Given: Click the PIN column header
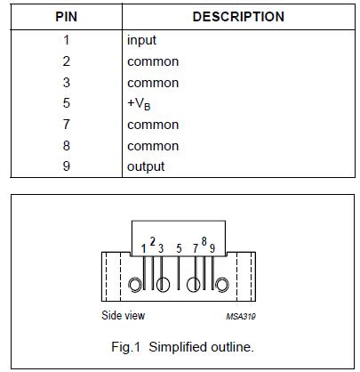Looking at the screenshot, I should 66,17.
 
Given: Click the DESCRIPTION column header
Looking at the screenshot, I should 238,17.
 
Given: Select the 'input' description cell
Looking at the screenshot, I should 142,40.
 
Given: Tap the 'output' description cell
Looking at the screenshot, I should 146,166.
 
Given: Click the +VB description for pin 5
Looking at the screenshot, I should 140,103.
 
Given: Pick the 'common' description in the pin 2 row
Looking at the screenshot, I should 153,61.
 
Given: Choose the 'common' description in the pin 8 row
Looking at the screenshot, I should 153,145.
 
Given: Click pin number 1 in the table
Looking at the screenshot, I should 66,40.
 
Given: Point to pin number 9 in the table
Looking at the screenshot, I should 66,166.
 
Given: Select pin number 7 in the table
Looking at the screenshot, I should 66,125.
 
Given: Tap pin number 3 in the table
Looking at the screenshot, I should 66,83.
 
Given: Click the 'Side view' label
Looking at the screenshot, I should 123,315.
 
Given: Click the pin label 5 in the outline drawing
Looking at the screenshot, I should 179,248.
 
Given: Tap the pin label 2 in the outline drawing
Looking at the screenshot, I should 152,242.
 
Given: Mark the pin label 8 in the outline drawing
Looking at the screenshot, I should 204,242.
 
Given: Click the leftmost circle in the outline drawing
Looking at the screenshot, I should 135,286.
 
